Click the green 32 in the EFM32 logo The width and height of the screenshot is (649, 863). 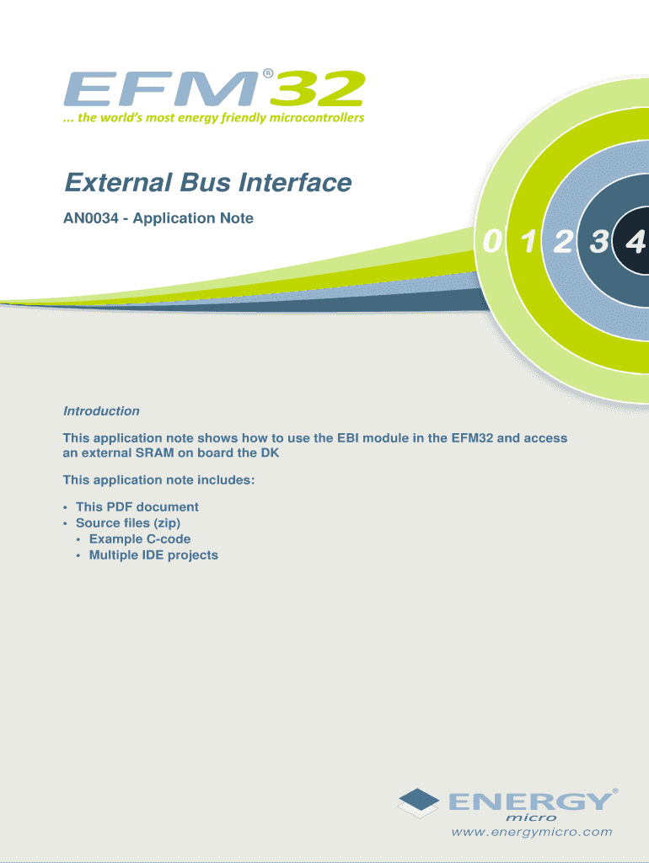(x=318, y=88)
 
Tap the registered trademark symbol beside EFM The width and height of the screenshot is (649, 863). (x=267, y=73)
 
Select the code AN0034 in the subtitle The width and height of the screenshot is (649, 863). (x=91, y=218)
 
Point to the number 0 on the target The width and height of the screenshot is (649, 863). (x=493, y=241)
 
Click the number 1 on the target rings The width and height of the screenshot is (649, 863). (x=528, y=241)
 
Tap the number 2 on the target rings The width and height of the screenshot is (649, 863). (x=563, y=241)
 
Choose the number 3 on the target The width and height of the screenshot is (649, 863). (x=599, y=241)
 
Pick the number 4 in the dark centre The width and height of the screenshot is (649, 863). (x=636, y=242)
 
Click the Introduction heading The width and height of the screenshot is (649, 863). (x=101, y=411)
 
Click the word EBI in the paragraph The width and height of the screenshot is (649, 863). (x=348, y=438)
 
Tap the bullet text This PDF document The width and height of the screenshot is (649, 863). (x=137, y=507)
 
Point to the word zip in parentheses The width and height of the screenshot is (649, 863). (x=167, y=523)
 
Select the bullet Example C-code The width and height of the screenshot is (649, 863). (x=140, y=539)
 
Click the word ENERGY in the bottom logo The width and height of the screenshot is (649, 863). (x=530, y=801)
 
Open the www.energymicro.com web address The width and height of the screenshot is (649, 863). (x=532, y=832)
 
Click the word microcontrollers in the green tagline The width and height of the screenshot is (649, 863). (x=317, y=117)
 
